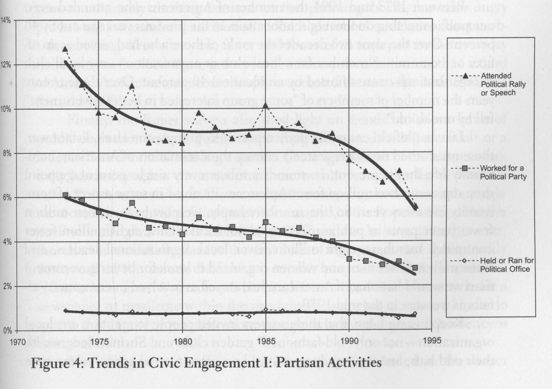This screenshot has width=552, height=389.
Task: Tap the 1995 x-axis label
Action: pos(432,341)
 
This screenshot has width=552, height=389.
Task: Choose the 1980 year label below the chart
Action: pos(182,342)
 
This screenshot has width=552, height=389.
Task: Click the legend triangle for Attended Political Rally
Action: pos(465,76)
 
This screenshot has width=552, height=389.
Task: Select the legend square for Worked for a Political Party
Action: pos(465,169)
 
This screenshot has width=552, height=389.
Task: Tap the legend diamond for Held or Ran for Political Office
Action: pos(464,261)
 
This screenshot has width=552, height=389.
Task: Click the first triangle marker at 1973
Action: pos(65,49)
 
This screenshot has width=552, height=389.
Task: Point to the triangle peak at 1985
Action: pos(266,105)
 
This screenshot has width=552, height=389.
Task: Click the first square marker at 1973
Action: pos(65,195)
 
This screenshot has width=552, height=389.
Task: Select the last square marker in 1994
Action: pos(415,268)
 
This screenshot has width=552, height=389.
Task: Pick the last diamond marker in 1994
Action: pos(415,314)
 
